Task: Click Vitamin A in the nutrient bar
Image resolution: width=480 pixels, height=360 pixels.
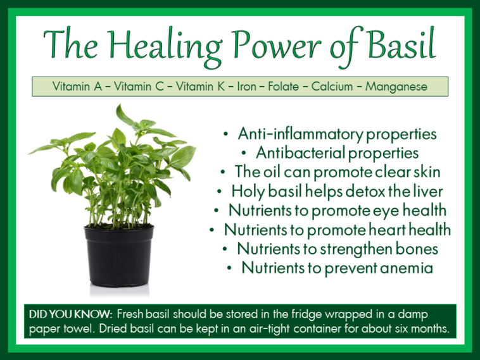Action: tap(77, 86)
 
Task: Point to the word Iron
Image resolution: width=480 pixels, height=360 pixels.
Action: tap(246, 86)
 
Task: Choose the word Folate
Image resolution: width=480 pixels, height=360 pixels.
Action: tap(282, 86)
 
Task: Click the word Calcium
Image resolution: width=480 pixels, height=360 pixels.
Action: tap(331, 86)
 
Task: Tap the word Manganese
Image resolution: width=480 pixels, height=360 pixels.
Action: tap(398, 86)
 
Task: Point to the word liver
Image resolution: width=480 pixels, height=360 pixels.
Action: tap(427, 190)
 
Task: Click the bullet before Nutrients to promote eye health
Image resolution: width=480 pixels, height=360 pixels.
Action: tap(217, 210)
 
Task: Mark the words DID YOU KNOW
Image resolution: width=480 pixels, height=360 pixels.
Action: tap(70, 314)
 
